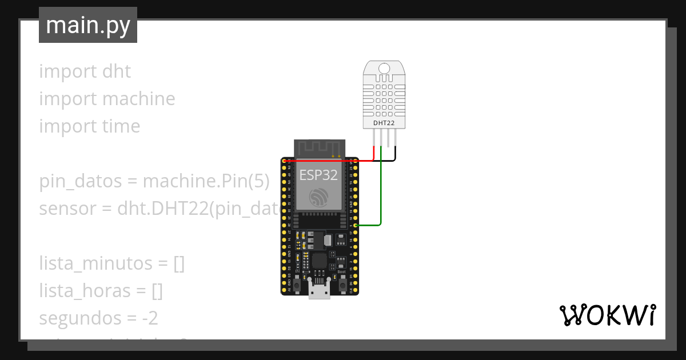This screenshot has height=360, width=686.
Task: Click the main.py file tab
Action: tap(87, 26)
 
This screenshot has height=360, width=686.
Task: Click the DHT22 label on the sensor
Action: tap(384, 123)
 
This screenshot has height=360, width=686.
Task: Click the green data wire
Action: tap(381, 194)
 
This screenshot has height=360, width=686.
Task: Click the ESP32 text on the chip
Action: tap(318, 175)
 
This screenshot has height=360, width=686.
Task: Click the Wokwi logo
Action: tap(607, 315)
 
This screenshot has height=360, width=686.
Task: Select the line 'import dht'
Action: tap(85, 71)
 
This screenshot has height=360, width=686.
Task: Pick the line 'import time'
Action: tap(89, 126)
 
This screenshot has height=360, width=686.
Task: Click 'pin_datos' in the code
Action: tap(79, 182)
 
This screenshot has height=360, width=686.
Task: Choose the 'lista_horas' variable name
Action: tap(85, 291)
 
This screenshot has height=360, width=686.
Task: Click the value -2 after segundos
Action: tap(150, 318)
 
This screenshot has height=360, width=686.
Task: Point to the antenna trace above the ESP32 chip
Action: tap(318, 147)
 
